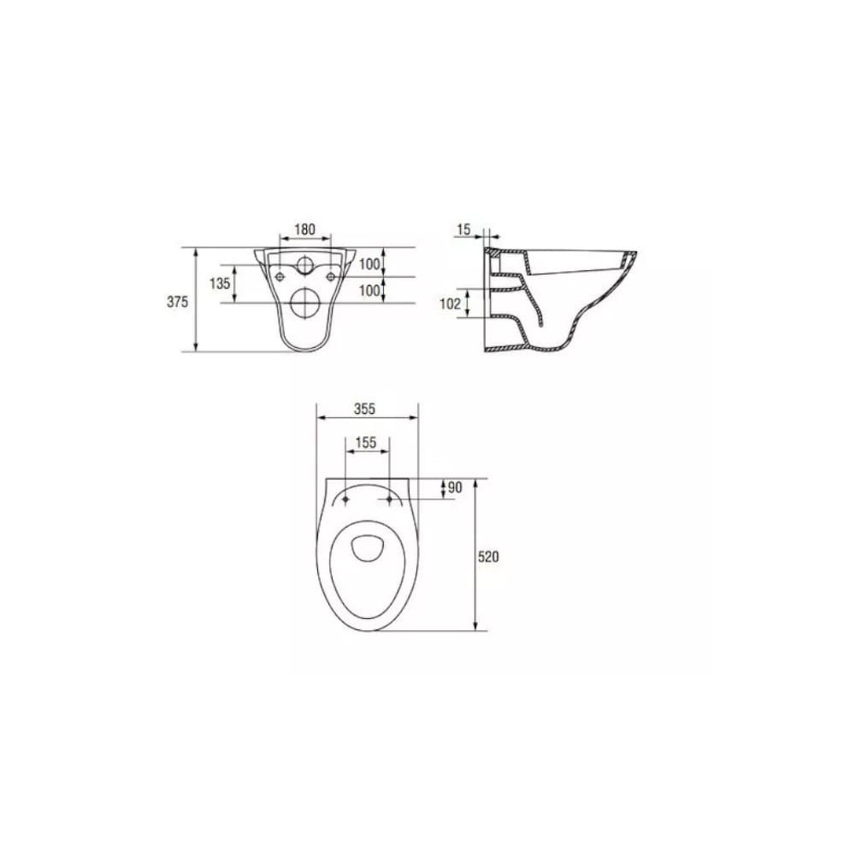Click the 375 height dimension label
[177, 302]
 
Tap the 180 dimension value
[305, 229]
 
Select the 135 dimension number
[220, 283]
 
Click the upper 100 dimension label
[369, 264]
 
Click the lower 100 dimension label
[369, 291]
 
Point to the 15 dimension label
[463, 229]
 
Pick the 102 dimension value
[451, 304]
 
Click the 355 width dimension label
[365, 409]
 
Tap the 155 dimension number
[366, 442]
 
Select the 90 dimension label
[455, 487]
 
